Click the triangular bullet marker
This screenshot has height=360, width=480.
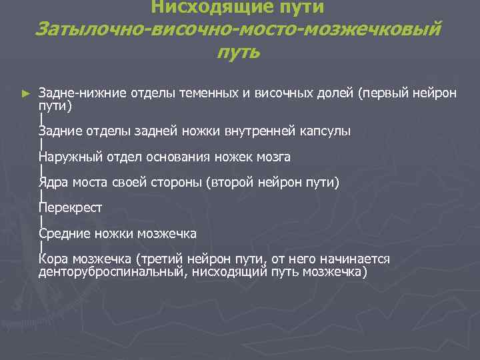(x=26, y=94)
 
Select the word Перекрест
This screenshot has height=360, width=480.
(x=70, y=208)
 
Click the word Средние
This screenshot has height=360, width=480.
(x=65, y=233)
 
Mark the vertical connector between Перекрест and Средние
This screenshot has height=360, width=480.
(x=41, y=221)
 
